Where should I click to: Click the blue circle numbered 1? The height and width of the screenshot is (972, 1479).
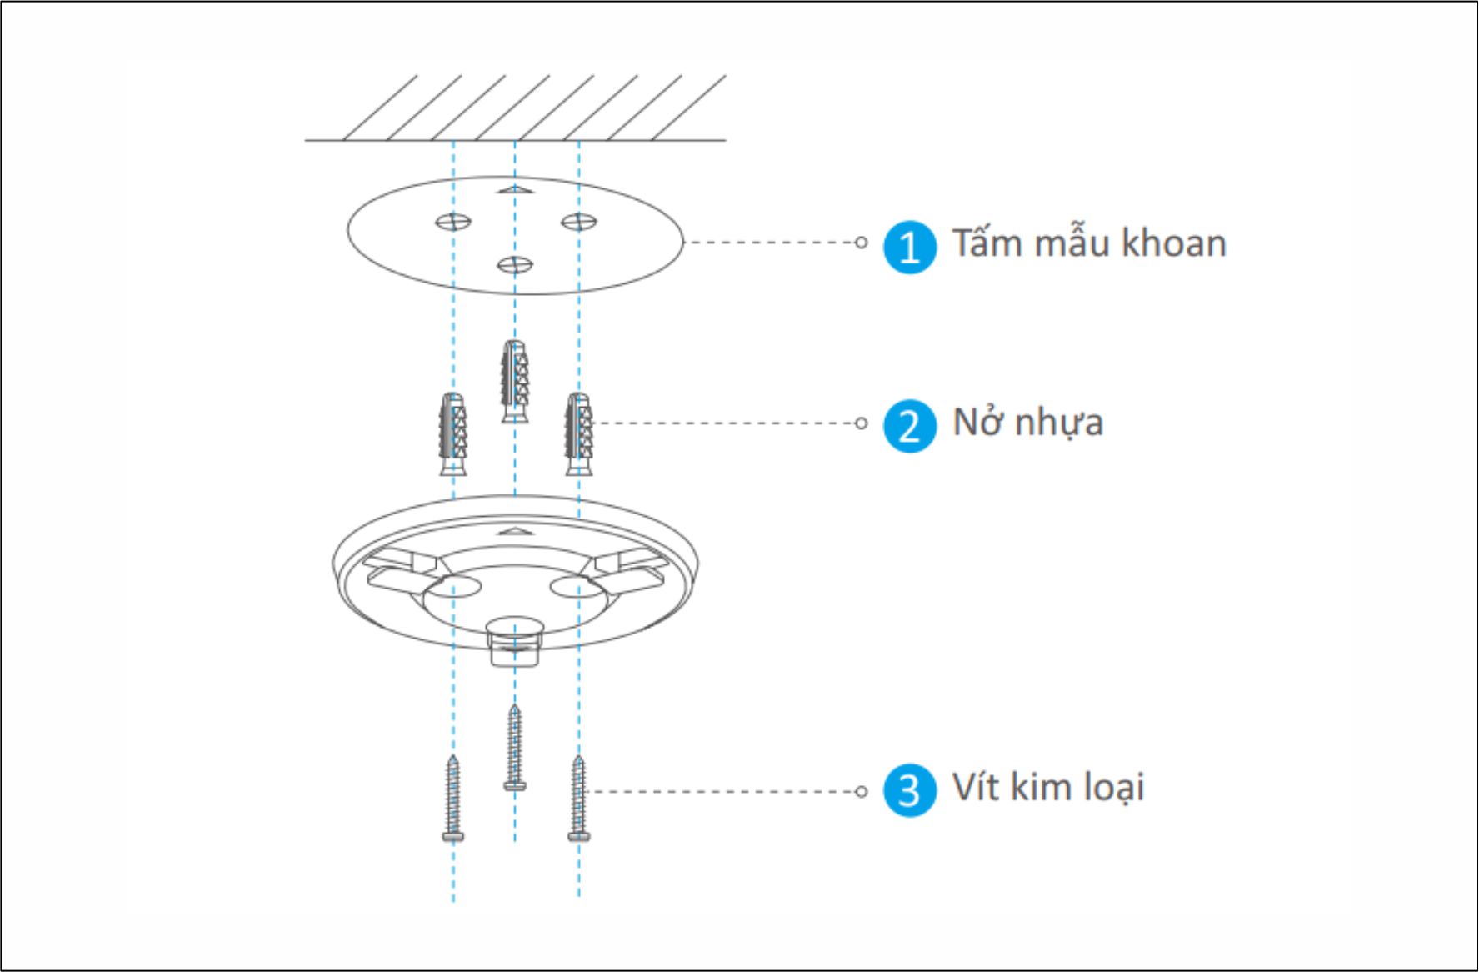click(x=909, y=247)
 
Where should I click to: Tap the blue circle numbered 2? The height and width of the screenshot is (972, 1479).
click(x=909, y=426)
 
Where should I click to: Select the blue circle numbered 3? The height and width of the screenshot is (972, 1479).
click(x=909, y=790)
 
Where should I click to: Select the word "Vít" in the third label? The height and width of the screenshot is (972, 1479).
click(x=976, y=787)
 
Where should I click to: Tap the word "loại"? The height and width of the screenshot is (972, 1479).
click(x=1113, y=788)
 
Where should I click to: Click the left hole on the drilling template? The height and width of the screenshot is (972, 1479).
click(x=453, y=222)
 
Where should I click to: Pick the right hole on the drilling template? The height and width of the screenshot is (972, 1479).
click(x=578, y=222)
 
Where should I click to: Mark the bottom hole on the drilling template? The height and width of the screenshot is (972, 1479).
click(x=515, y=265)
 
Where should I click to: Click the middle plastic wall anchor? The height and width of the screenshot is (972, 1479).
click(x=515, y=381)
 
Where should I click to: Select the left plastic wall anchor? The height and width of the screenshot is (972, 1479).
click(x=453, y=433)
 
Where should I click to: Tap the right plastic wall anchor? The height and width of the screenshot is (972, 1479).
click(x=578, y=433)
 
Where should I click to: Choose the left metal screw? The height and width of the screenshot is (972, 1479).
click(x=453, y=799)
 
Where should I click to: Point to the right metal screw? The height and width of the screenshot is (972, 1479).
click(x=578, y=799)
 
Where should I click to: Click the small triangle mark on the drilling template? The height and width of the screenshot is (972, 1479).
click(x=515, y=190)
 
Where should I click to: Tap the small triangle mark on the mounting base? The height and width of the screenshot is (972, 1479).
click(x=515, y=530)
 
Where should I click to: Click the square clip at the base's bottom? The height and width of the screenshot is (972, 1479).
click(x=515, y=642)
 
